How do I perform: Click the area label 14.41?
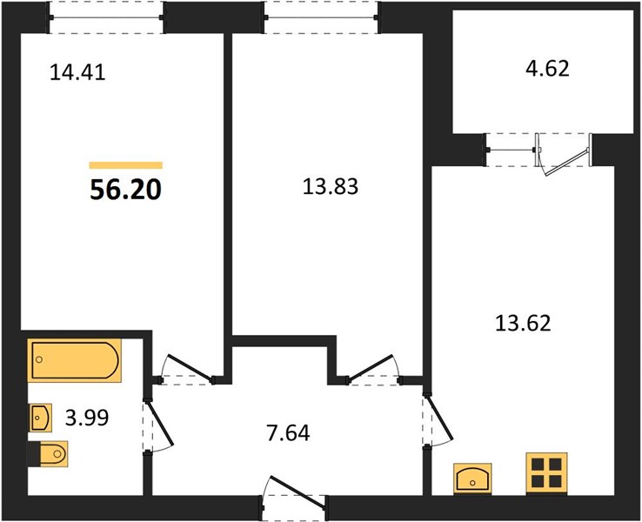click(x=77, y=72)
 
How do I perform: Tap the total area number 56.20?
click(x=125, y=190)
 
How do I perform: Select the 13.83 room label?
click(x=330, y=186)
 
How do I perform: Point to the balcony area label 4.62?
click(x=547, y=69)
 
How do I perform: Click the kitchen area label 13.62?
click(x=523, y=323)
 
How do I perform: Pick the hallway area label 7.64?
click(x=288, y=432)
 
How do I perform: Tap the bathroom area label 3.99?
click(x=87, y=418)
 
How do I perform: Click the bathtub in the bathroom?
click(x=75, y=360)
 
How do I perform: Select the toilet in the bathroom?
click(x=49, y=454)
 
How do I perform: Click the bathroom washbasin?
click(x=41, y=418)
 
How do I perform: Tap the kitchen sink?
click(x=472, y=478)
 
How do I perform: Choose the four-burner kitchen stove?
click(x=546, y=473)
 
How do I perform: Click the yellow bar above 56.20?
click(x=126, y=165)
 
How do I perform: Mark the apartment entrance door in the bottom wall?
click(x=298, y=492)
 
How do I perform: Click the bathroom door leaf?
click(x=160, y=424)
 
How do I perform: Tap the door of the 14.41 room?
click(x=191, y=368)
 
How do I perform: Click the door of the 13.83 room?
click(x=371, y=367)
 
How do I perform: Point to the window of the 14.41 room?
click(x=106, y=17)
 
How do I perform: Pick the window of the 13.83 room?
click(x=322, y=17)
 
